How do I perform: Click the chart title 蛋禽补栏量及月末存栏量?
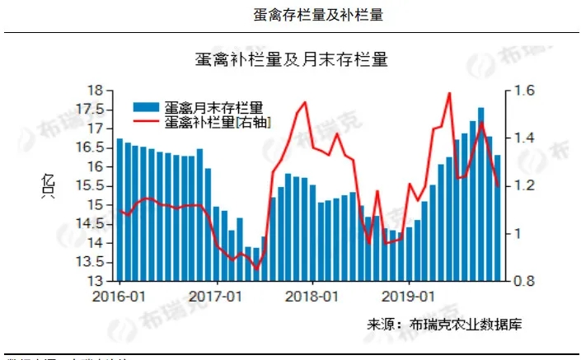(291, 59)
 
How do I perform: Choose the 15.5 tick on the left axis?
(92, 186)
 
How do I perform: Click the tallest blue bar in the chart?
(481, 194)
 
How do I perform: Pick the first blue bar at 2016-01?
(119, 210)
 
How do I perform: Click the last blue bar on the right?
(498, 218)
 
